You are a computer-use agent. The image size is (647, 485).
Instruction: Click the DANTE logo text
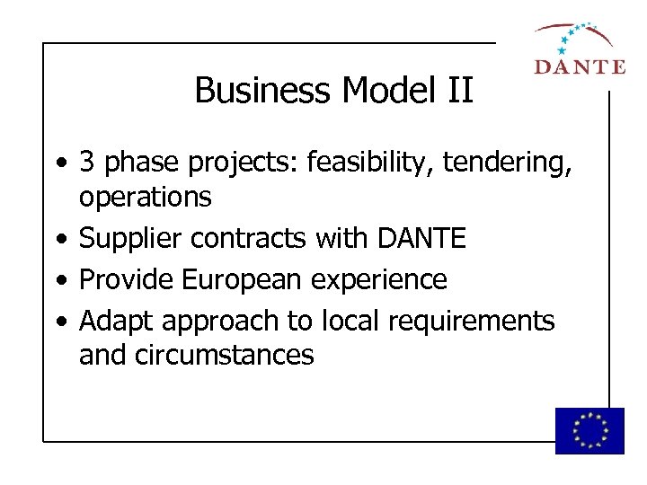pos(580,66)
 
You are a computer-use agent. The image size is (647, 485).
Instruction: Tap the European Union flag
pos(589,430)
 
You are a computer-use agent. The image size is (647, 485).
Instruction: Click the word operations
pos(146,197)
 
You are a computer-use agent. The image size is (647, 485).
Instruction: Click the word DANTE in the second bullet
pos(421,238)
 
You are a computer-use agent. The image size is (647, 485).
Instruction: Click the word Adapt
pos(112,321)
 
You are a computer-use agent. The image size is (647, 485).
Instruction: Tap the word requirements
pos(472,321)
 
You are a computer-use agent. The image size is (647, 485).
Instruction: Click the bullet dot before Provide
pos(58,280)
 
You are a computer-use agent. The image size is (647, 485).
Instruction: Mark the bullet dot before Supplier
pos(58,239)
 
